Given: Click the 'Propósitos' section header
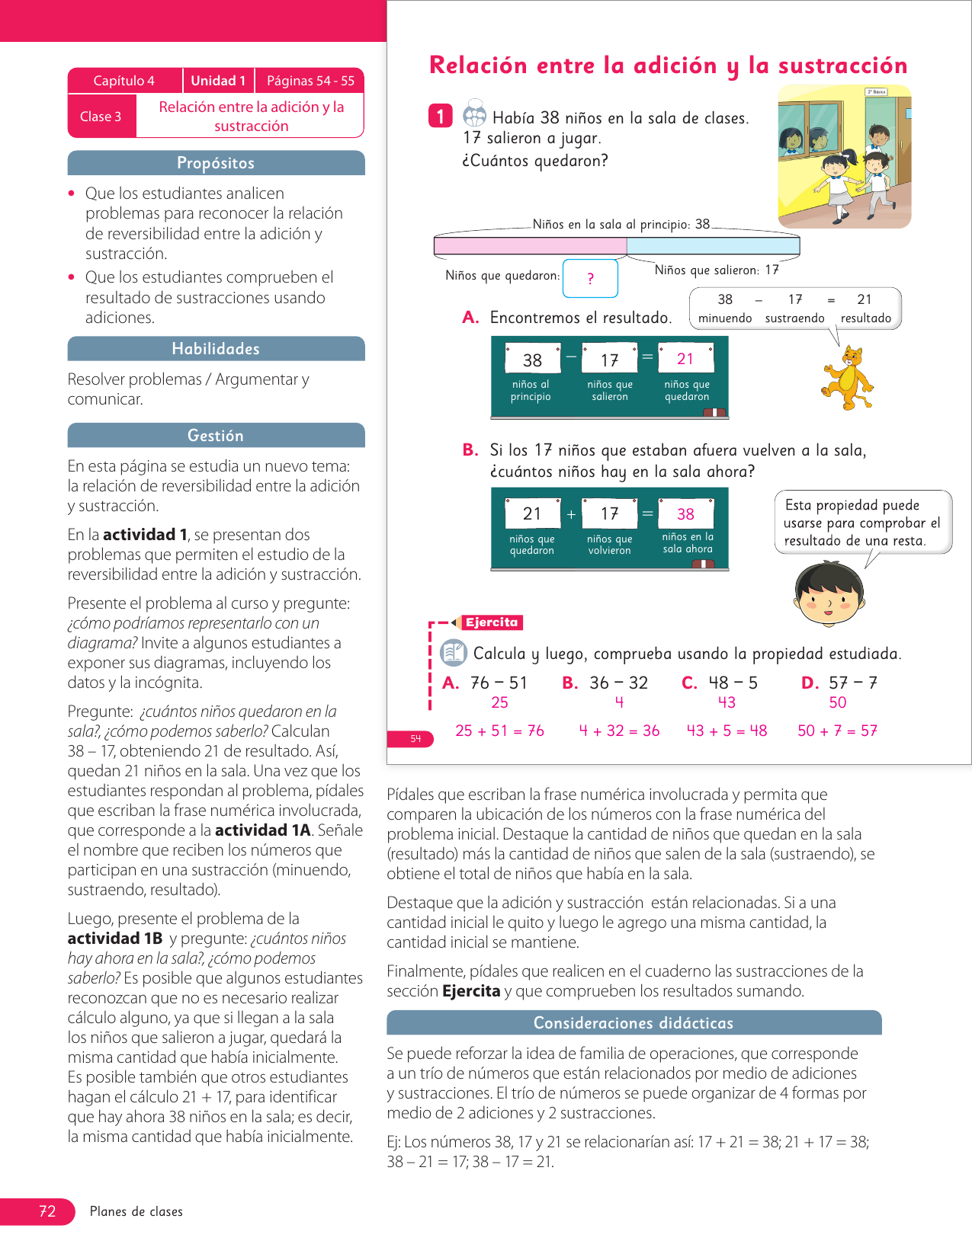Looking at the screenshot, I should click(x=216, y=163).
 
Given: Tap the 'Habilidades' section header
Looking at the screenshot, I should click(x=216, y=349).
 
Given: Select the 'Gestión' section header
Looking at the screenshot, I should click(x=216, y=436).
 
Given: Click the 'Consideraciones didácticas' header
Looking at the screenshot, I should click(x=634, y=1023).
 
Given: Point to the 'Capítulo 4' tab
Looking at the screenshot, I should click(x=124, y=81).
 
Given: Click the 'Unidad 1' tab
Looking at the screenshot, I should click(x=218, y=81).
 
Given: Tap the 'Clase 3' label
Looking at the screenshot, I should click(x=101, y=117).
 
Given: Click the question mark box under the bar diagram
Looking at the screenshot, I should click(x=590, y=279).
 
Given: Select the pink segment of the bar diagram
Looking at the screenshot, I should click(x=530, y=246).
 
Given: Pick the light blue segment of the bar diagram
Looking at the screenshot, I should click(x=713, y=246).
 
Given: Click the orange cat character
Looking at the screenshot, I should click(x=848, y=377).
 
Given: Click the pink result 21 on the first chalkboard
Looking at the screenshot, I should click(x=685, y=359).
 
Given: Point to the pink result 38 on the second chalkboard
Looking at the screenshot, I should click(x=685, y=514).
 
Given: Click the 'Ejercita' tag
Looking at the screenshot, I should click(x=492, y=622).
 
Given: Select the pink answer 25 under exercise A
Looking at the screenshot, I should click(x=499, y=702).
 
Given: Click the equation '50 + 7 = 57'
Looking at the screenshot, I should click(x=837, y=731).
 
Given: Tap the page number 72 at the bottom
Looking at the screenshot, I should click(x=47, y=1211).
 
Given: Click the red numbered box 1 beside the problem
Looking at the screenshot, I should click(x=441, y=116).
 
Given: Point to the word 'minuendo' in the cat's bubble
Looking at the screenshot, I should click(x=725, y=318).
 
